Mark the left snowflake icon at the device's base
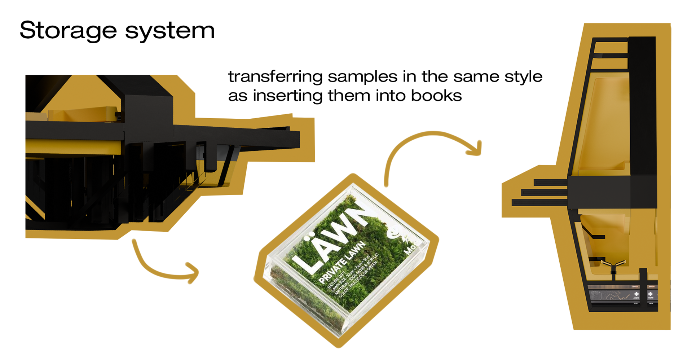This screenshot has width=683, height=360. pos(636,294)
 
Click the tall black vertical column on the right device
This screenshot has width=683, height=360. pos(642,105)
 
